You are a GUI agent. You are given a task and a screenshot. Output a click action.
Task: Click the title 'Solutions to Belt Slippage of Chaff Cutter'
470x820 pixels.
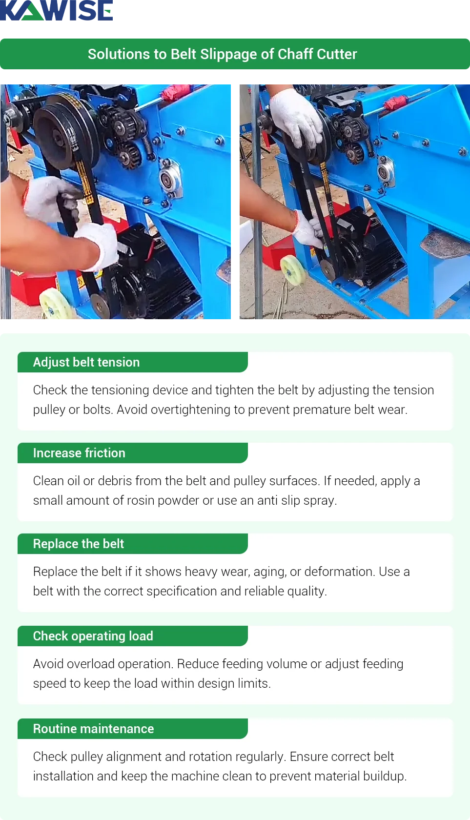222,54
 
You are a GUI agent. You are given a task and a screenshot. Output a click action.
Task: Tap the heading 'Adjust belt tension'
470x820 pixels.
86,362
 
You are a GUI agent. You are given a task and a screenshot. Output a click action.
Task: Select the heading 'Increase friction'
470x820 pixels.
79,453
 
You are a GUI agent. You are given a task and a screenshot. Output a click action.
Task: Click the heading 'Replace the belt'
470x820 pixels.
79,544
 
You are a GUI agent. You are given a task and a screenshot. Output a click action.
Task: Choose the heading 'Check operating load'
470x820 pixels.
93,636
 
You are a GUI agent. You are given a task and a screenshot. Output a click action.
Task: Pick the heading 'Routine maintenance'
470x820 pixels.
94,729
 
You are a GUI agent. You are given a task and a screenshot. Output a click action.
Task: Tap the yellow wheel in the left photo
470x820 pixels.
55,304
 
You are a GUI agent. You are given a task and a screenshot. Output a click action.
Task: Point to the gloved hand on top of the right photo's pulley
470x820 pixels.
295,117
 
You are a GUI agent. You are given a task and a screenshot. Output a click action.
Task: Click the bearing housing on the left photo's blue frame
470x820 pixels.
170,180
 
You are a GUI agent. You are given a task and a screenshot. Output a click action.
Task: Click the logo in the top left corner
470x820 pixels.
56,11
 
